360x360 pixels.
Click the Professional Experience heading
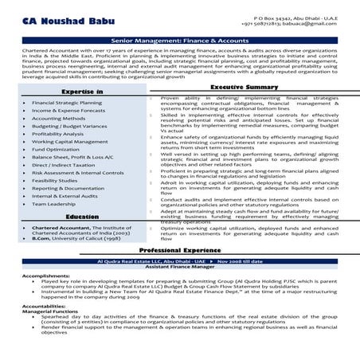(179, 249)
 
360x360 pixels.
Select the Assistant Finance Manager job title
(179, 267)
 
